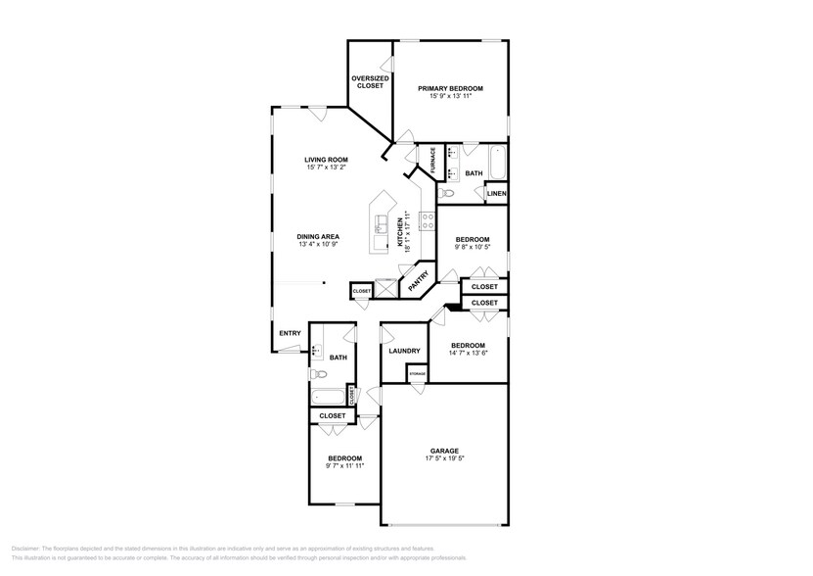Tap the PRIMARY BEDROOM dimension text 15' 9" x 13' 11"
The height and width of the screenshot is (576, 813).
[x=450, y=96]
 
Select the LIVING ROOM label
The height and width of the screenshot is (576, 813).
[x=326, y=160]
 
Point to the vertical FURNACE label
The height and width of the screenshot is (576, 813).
[x=432, y=163]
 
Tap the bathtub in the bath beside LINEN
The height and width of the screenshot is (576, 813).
[x=497, y=162]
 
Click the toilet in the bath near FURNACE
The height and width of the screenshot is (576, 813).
[x=450, y=194]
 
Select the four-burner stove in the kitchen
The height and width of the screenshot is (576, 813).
[x=427, y=221]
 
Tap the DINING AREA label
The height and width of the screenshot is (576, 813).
[x=319, y=236]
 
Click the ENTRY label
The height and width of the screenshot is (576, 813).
[x=290, y=333]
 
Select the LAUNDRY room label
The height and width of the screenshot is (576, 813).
[x=404, y=351]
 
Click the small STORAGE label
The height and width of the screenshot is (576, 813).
[x=417, y=375]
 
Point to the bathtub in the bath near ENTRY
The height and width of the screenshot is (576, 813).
[x=328, y=397]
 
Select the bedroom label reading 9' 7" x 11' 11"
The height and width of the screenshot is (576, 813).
[x=344, y=465]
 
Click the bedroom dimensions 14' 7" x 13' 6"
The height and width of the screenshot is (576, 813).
[x=468, y=353]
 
